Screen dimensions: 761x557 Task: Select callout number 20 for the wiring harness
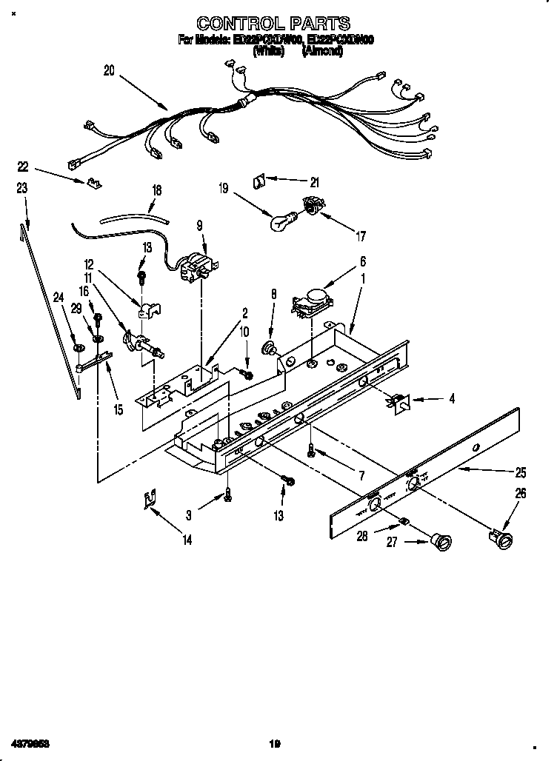pyautogui.click(x=109, y=71)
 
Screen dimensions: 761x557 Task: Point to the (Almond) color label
pyautogui.click(x=322, y=52)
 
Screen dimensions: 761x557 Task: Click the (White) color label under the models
pyautogui.click(x=269, y=52)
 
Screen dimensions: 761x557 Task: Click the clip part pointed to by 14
pyautogui.click(x=150, y=500)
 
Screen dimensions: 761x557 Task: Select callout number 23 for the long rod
pyautogui.click(x=22, y=189)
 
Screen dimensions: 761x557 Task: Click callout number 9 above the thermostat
pyautogui.click(x=199, y=227)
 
